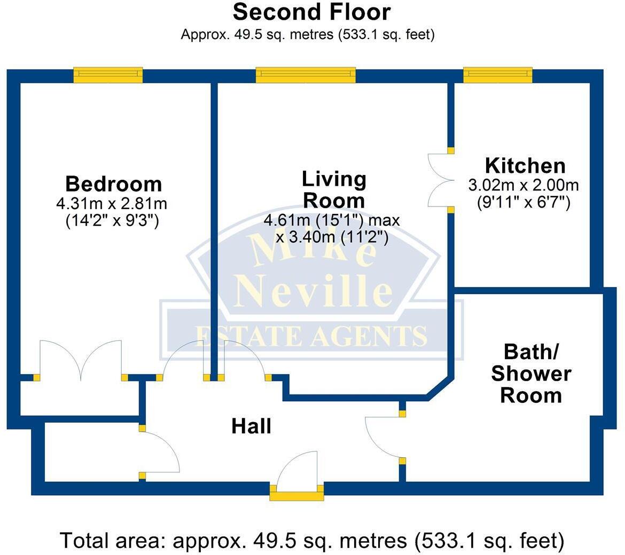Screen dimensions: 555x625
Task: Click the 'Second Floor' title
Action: tap(312, 12)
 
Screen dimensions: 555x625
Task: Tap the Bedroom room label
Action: tap(113, 184)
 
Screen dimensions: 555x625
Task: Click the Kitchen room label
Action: tap(525, 166)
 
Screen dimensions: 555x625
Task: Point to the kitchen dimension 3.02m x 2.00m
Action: tap(524, 186)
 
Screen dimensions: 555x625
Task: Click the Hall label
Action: tap(251, 426)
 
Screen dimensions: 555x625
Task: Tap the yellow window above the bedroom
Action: tap(108, 75)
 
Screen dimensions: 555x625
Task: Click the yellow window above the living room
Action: tap(306, 75)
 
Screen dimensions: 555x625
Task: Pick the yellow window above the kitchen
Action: tap(498, 75)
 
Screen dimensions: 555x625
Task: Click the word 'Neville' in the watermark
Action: tap(314, 291)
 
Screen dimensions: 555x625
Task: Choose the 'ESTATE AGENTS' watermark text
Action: tap(311, 336)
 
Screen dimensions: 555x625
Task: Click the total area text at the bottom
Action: tap(312, 540)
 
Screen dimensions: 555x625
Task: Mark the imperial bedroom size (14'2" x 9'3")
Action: tap(112, 220)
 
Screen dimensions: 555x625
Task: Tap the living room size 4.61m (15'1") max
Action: tap(331, 220)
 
